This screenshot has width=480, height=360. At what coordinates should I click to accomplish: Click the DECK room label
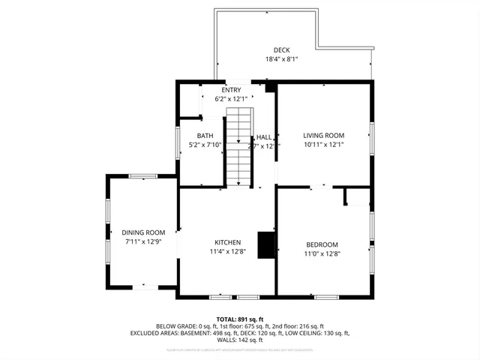(281, 49)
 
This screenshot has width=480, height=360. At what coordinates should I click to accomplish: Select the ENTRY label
(231, 90)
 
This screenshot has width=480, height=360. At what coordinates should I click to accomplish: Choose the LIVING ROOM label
(323, 136)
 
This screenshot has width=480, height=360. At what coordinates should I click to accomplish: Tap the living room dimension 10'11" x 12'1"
(323, 145)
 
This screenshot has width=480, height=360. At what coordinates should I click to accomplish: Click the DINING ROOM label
(143, 232)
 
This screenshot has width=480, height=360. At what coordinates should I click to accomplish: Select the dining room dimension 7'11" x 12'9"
(143, 241)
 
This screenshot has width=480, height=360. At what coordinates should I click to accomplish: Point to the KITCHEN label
(227, 242)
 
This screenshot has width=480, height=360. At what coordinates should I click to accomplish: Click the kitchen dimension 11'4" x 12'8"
(227, 251)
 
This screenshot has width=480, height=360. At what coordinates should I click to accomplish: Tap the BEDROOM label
(322, 244)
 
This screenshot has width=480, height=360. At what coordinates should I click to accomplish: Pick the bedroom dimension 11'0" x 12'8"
(322, 253)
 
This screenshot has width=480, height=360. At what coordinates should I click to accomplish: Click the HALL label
(264, 137)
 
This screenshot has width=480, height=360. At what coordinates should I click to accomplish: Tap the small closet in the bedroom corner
(357, 196)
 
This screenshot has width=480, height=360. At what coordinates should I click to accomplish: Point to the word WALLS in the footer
(226, 340)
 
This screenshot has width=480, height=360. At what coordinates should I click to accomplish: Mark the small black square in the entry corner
(271, 87)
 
